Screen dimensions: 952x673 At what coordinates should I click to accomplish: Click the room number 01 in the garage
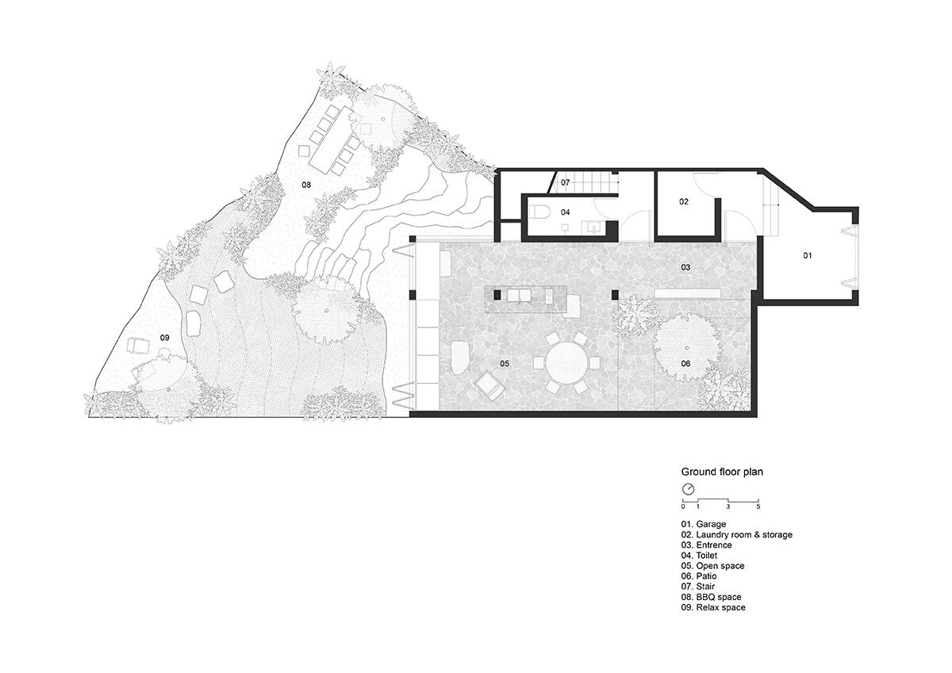[807, 255]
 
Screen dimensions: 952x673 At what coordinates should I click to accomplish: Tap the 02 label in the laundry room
[683, 201]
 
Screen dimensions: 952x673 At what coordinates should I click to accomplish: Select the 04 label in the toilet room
[565, 212]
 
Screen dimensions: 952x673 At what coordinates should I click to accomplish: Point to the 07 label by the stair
[565, 182]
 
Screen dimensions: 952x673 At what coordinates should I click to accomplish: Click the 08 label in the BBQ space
[306, 185]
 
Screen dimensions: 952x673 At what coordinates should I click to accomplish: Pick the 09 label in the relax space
[164, 338]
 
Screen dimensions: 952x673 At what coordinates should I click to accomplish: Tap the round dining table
[567, 363]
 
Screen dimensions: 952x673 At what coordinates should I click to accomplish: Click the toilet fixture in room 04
[540, 212]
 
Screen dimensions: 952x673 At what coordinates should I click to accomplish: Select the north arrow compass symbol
[688, 489]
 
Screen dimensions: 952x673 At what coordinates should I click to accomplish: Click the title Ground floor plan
[722, 472]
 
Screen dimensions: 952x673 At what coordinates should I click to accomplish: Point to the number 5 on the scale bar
[758, 507]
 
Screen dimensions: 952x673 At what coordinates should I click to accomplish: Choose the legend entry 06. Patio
[699, 576]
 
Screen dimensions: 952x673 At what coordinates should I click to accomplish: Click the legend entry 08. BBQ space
[711, 597]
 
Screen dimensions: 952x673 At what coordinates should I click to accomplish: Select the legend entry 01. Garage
[704, 525]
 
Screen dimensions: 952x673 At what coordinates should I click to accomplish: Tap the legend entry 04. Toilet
[699, 556]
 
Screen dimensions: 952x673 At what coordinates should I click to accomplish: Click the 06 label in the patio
[685, 364]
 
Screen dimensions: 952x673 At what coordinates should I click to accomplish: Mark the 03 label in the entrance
[685, 267]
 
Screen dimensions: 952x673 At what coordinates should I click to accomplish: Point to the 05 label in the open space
[505, 364]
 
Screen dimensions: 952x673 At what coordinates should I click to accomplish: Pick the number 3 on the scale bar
[728, 507]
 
